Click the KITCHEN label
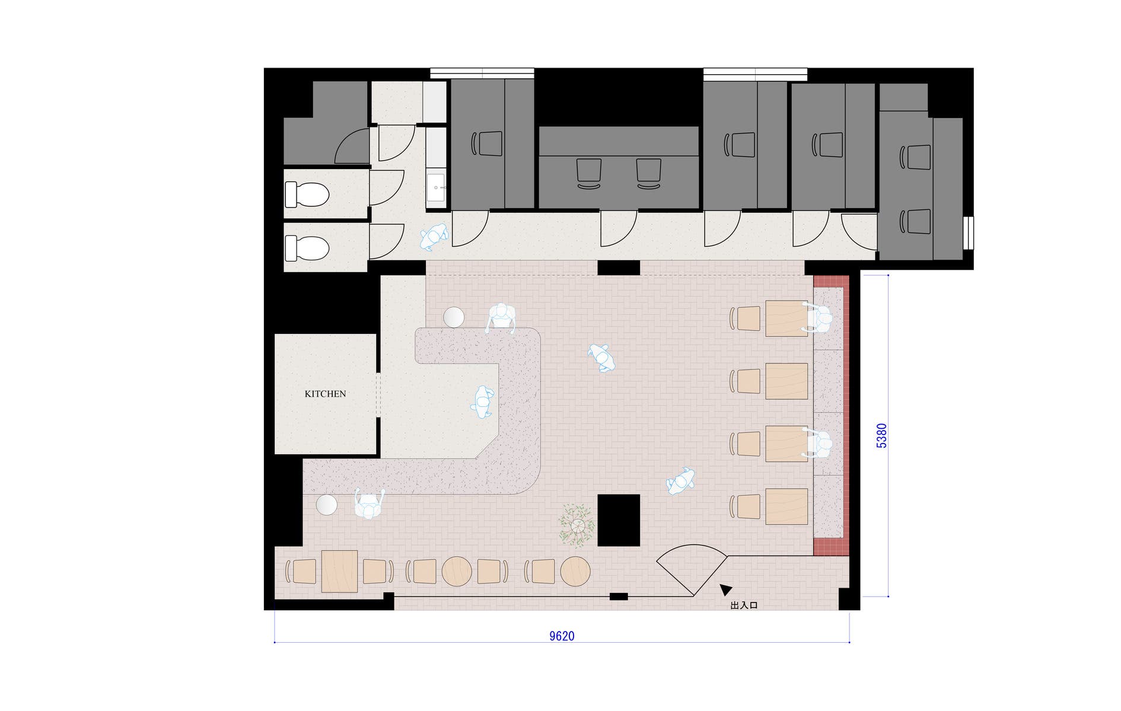pyautogui.click(x=325, y=394)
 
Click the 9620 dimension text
pyautogui.click(x=562, y=636)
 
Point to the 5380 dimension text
pyautogui.click(x=882, y=435)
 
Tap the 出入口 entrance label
pyautogui.click(x=744, y=605)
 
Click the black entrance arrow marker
pyautogui.click(x=725, y=589)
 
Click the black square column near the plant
pyautogui.click(x=619, y=520)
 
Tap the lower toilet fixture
pyautogui.click(x=307, y=248)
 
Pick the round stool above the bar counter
pyautogui.click(x=454, y=317)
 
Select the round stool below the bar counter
pyautogui.click(x=327, y=505)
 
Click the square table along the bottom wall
pyautogui.click(x=340, y=571)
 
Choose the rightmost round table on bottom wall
pyautogui.click(x=575, y=572)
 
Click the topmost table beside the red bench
pyautogui.click(x=786, y=318)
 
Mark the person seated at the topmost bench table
pyautogui.click(x=819, y=318)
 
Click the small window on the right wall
pyautogui.click(x=969, y=233)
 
